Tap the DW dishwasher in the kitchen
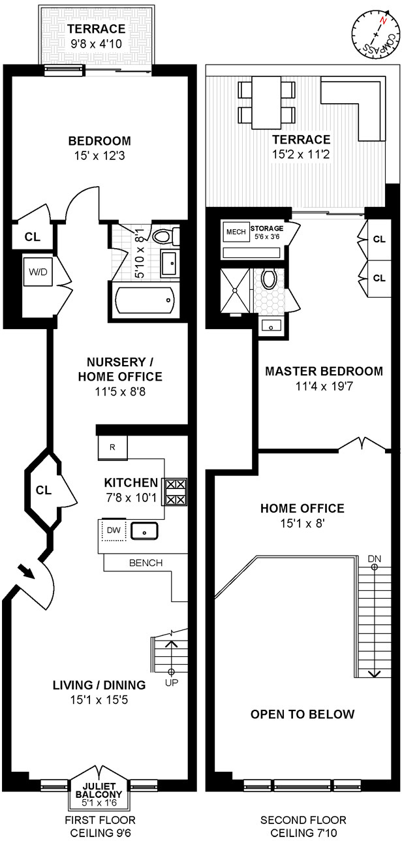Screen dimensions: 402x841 tap(114, 530)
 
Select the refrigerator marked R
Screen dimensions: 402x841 tap(112, 448)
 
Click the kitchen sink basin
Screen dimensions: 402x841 tap(145, 531)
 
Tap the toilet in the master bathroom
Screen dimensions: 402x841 tap(269, 279)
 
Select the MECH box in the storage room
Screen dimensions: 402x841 tap(234, 232)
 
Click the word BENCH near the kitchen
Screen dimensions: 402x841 tap(146, 562)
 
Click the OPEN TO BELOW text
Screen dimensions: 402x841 tap(303, 714)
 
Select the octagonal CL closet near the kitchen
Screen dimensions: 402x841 tap(42, 489)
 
